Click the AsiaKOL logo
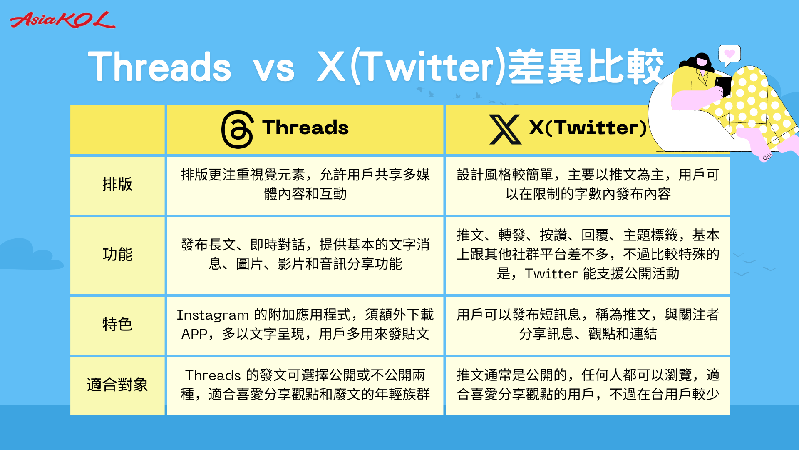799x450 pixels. tap(62, 20)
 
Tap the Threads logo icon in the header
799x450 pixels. tap(238, 129)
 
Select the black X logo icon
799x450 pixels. tap(505, 129)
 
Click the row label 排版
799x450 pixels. tap(117, 184)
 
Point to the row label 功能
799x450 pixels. tap(117, 254)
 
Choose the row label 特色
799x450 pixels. tap(117, 324)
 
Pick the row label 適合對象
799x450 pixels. tap(117, 385)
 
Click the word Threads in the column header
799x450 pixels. tap(305, 127)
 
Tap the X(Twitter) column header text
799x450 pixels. tap(588, 127)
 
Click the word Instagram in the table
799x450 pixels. tap(213, 315)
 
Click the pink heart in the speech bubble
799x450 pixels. tap(730, 54)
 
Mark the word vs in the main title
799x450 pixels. tap(274, 68)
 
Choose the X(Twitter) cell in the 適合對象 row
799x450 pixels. tap(588, 385)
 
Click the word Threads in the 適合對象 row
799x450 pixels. tap(213, 375)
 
